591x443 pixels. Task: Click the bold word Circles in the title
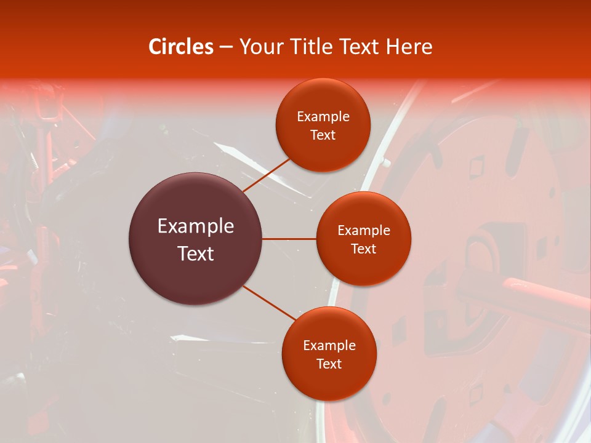181,47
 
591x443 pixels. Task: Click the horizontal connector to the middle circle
289,239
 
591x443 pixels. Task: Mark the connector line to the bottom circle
269,302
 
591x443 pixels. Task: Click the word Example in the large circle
196,226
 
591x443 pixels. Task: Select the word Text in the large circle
196,253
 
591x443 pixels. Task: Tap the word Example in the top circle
323,117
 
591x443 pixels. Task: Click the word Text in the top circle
323,135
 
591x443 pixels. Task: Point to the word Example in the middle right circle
364,231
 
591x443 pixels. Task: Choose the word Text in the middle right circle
364,249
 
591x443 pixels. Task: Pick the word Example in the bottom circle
329,346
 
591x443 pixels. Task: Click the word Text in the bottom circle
329,364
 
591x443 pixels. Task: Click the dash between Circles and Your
226,47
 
